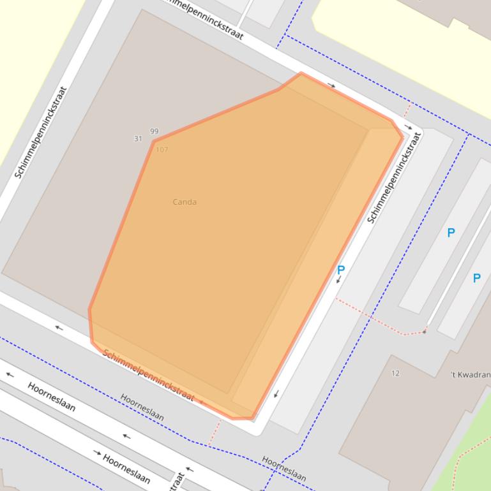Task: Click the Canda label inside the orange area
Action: (x=185, y=202)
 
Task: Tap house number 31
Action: (x=138, y=138)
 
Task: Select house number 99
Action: (x=154, y=131)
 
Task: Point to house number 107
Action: (x=162, y=150)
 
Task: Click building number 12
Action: (x=395, y=374)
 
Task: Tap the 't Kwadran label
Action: (x=470, y=375)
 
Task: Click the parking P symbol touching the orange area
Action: (x=341, y=270)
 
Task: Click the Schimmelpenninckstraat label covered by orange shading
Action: (x=148, y=376)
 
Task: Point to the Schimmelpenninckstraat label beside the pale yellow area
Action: (x=40, y=133)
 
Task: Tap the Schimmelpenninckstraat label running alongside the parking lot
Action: (x=395, y=177)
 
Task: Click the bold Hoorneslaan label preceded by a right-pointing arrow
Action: (x=126, y=469)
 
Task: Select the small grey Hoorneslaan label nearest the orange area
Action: (x=142, y=406)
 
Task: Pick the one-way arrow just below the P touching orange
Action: (x=339, y=281)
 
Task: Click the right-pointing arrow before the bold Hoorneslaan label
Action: (x=97, y=453)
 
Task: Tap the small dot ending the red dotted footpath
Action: (x=424, y=332)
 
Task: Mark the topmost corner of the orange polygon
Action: (x=301, y=73)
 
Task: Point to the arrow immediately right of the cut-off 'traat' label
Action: (x=190, y=471)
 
